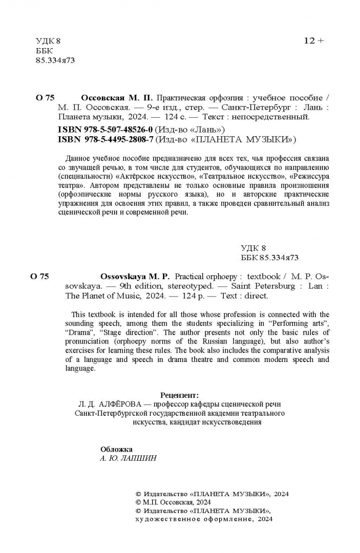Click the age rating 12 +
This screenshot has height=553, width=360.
313,41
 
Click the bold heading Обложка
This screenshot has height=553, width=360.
116,449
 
